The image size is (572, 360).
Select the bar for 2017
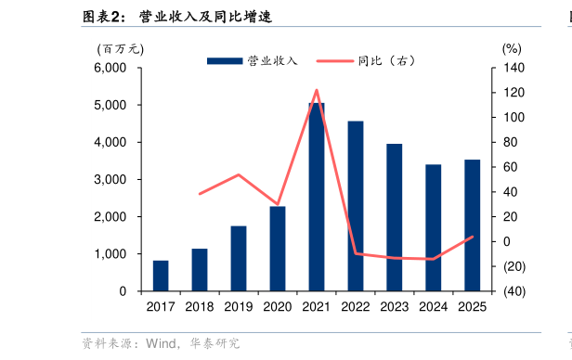pyautogui.click(x=161, y=276)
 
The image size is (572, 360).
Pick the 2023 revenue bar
pyautogui.click(x=395, y=217)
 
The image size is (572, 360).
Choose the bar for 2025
pyautogui.click(x=473, y=225)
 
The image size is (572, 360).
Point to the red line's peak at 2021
pyautogui.click(x=317, y=90)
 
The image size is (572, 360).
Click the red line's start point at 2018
pyautogui.click(x=200, y=194)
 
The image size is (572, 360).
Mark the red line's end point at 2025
pyautogui.click(x=473, y=236)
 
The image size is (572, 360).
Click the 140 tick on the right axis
pyautogui.click(x=513, y=69)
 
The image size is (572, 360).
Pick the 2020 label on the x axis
pyautogui.click(x=278, y=307)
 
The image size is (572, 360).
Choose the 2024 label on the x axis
pyautogui.click(x=434, y=307)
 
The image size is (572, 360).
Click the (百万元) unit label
pyautogui.click(x=120, y=48)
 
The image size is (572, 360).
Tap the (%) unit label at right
pyautogui.click(x=512, y=48)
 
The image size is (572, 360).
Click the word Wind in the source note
pyautogui.click(x=161, y=343)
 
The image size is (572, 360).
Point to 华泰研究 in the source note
pyautogui.click(x=214, y=343)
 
